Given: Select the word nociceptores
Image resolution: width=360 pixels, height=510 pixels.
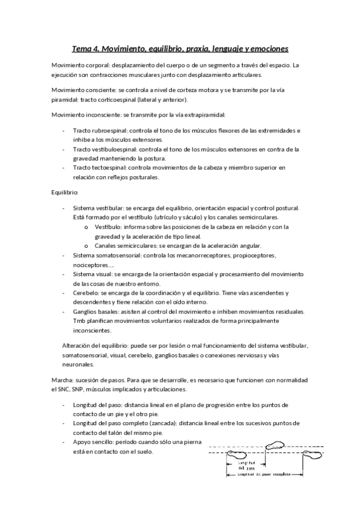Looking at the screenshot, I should pyautogui.click(x=90, y=264).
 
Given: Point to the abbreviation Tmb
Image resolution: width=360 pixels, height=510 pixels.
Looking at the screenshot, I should pyautogui.click(x=79, y=321).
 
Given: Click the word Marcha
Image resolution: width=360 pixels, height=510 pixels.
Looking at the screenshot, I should pyautogui.click(x=63, y=381).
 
